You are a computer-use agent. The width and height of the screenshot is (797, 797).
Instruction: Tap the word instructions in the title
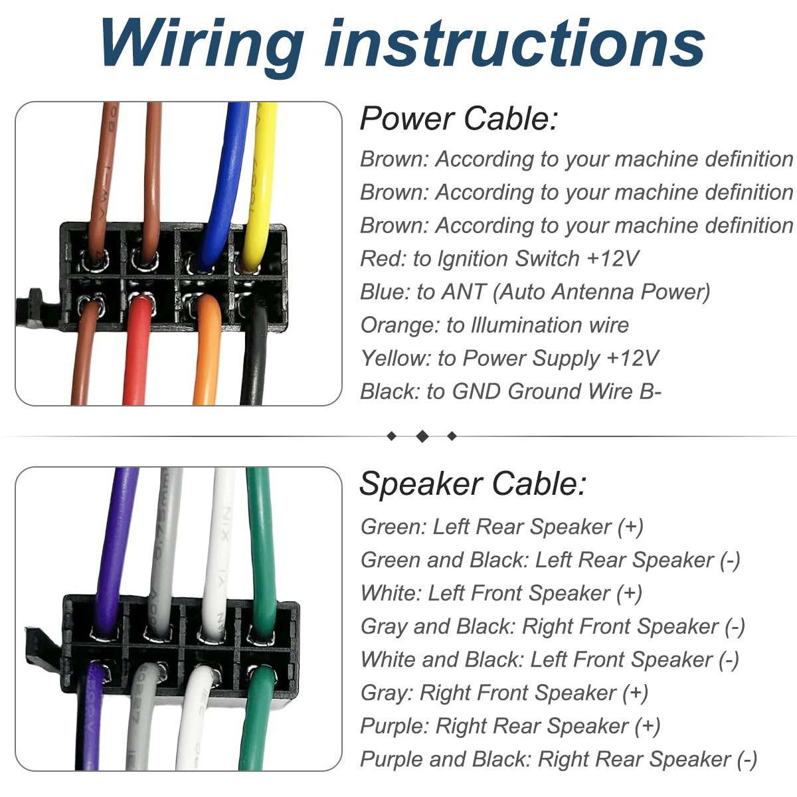(x=515, y=43)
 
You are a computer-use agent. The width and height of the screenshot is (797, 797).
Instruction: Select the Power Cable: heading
(x=458, y=120)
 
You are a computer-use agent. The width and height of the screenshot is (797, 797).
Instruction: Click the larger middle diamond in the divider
(x=422, y=436)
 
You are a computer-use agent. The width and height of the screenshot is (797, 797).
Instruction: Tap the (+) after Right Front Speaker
(x=636, y=693)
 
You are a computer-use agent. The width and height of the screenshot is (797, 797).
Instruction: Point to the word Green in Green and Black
(x=390, y=560)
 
